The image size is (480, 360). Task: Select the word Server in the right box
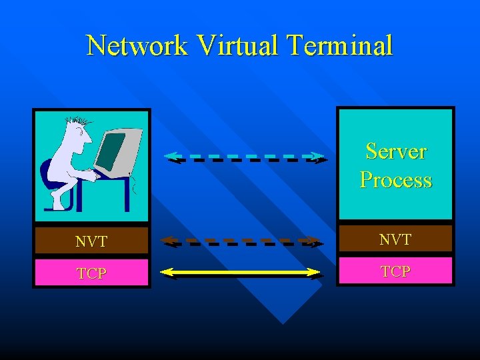395,151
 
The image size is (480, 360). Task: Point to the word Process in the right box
395,180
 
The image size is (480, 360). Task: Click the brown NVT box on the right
395,239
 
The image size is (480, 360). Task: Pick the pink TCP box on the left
91,273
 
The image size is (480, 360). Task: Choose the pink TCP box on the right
395,271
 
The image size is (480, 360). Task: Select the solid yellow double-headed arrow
242,272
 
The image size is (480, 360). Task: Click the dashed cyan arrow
245,157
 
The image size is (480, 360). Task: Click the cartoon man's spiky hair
77,122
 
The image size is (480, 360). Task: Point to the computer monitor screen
111,150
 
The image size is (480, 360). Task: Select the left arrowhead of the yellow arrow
167,272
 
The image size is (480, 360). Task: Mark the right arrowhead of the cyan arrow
321,158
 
